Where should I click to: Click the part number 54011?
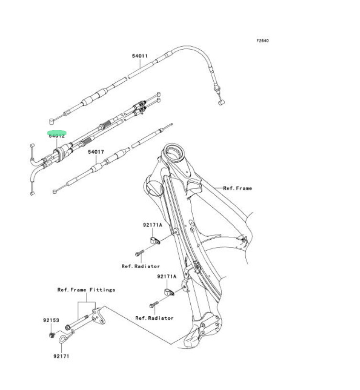pos(140,56)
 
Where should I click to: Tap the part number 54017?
pos(96,152)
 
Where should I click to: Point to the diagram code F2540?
pos(262,41)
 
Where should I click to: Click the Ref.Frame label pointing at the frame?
pos(238,189)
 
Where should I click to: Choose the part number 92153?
pos(50,320)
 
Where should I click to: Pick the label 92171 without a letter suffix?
pos(62,356)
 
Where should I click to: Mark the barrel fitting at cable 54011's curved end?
pos(221,102)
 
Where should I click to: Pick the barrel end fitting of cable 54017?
pos(55,191)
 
